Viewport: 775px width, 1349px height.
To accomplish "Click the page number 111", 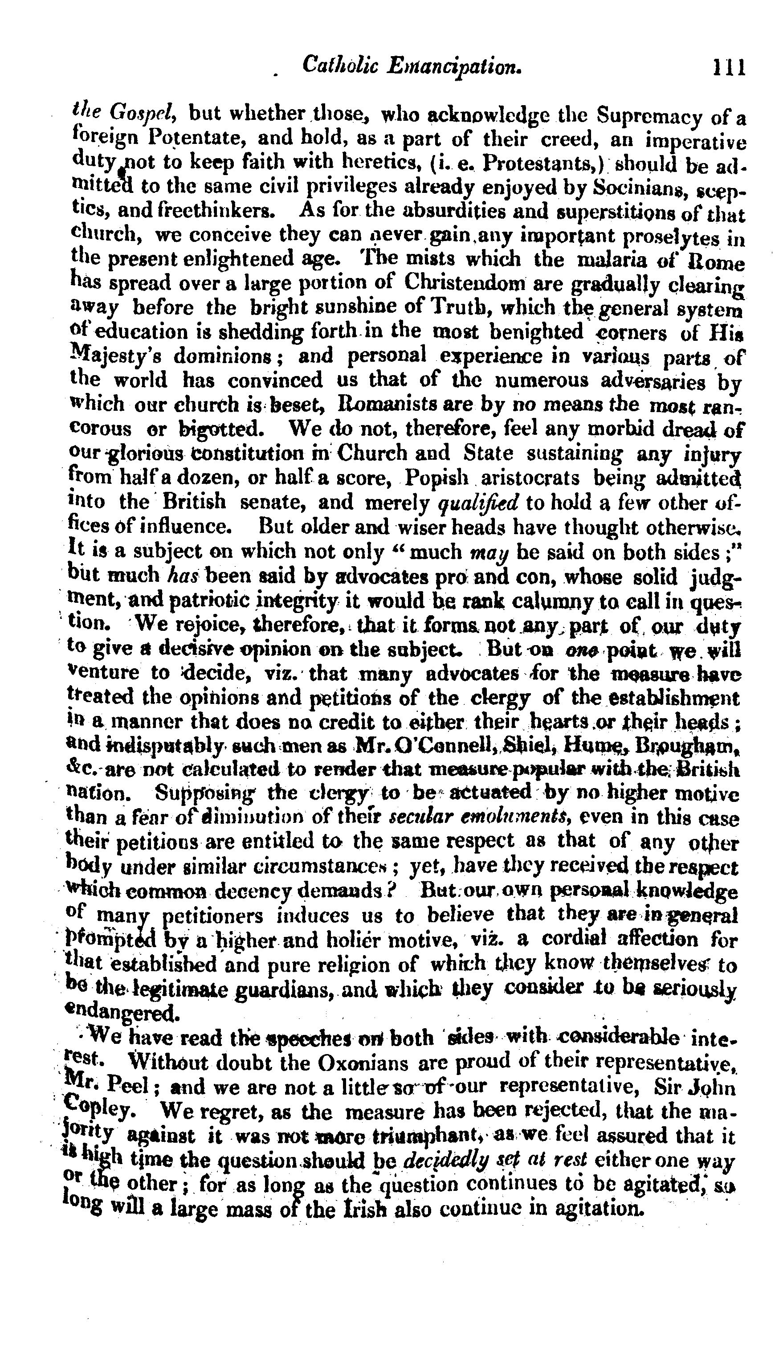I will click(x=729, y=68).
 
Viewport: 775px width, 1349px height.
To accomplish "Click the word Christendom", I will click(x=465, y=283).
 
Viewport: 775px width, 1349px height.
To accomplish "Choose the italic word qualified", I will click(x=486, y=503).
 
